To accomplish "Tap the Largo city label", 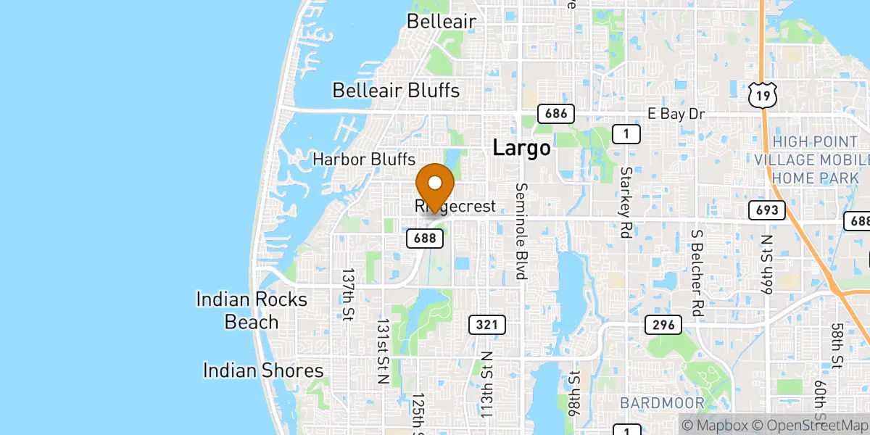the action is click(521, 148).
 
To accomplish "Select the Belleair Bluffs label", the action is click(396, 91).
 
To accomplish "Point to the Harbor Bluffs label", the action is click(363, 159).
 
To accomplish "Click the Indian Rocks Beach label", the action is click(252, 310).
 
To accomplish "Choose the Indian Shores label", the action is click(262, 371).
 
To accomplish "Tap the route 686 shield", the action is click(555, 113).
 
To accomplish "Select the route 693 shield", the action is click(767, 210).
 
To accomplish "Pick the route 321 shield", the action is click(486, 325).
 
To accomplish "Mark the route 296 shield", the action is click(663, 325).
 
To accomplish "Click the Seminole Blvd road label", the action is click(521, 231).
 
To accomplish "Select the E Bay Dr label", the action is click(676, 114).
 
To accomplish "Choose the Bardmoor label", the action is click(662, 403).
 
